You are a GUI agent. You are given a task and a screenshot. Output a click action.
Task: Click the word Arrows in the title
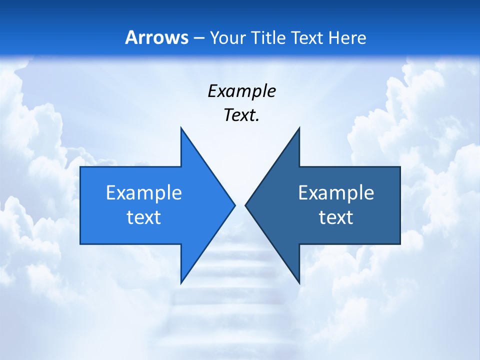click(x=156, y=37)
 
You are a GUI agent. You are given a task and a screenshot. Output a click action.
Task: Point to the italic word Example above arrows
click(x=241, y=91)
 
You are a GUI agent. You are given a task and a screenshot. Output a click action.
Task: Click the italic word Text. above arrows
click(x=241, y=115)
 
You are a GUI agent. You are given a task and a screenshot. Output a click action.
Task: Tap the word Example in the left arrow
click(x=144, y=192)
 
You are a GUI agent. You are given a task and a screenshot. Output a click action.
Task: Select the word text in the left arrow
click(x=144, y=217)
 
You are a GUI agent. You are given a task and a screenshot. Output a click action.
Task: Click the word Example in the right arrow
click(x=336, y=192)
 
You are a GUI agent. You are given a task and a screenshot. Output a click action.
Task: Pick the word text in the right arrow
click(x=336, y=217)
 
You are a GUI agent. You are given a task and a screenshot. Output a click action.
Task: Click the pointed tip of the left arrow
click(x=234, y=205)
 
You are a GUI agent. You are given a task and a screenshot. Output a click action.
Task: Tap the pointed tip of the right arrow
click(x=246, y=205)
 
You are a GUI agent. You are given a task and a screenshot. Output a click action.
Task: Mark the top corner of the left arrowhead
click(x=181, y=128)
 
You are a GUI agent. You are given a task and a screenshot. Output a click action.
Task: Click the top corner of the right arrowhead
click(x=299, y=128)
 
